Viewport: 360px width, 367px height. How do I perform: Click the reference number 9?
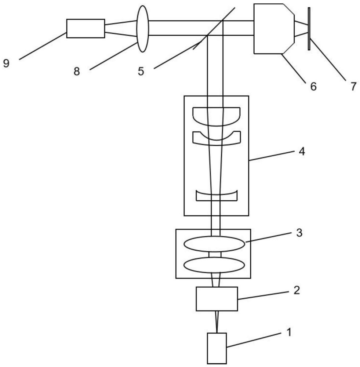coord(6,63)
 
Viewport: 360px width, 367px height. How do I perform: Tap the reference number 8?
coord(77,71)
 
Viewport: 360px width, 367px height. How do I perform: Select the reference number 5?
coord(141,71)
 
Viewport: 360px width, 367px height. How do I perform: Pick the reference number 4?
coord(302,151)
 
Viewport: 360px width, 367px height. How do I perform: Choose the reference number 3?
coord(299,233)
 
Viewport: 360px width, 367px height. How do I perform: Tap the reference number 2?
coord(297,290)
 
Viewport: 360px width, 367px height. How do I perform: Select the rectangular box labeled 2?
coord(217,299)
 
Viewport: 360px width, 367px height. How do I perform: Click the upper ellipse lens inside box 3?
coord(214,244)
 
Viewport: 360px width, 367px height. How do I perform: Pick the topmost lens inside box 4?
coord(217,116)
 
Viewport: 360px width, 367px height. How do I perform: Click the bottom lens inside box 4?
coord(217,196)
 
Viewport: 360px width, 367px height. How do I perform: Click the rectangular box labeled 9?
coord(86,28)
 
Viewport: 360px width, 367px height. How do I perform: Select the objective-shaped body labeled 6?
coord(274,29)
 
